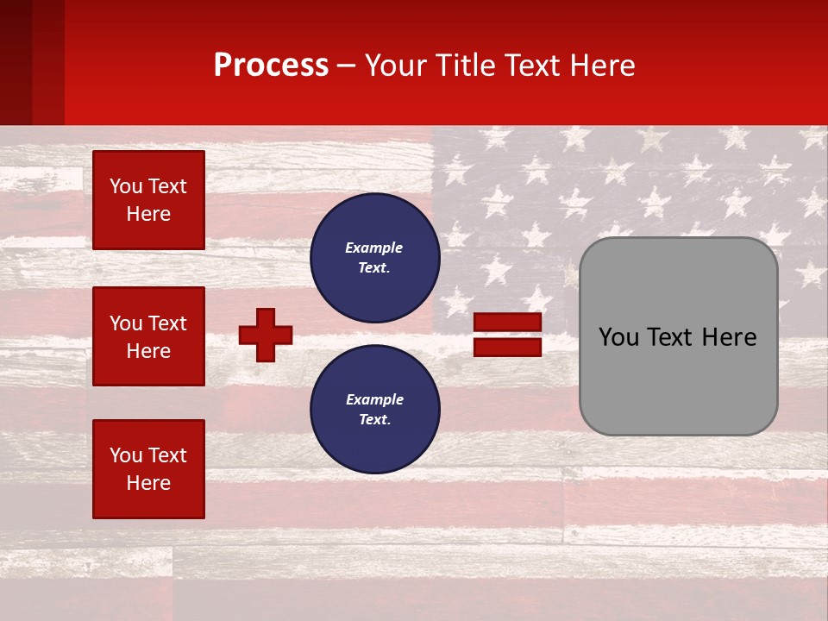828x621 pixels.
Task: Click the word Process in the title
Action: click(271, 66)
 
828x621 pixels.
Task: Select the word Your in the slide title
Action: click(395, 66)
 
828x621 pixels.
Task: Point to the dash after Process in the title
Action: click(346, 66)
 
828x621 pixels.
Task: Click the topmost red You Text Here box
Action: click(148, 200)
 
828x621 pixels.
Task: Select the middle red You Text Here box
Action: click(148, 336)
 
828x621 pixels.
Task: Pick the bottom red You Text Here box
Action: click(148, 469)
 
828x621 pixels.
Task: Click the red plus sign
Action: click(266, 335)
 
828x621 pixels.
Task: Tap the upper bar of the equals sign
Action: click(508, 322)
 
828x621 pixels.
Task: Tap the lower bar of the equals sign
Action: click(508, 347)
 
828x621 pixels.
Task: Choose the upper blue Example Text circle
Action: click(375, 258)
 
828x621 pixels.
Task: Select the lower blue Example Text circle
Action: click(375, 409)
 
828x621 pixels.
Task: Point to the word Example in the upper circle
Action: click(374, 248)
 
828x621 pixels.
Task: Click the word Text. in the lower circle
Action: click(374, 419)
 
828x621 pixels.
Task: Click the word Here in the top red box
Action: click(148, 214)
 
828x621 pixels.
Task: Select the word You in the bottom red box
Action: click(126, 455)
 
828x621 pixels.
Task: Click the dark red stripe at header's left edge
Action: click(16, 62)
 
